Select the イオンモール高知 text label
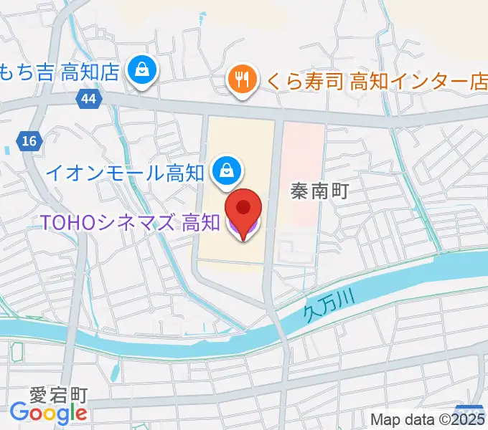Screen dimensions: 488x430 pos(126,172)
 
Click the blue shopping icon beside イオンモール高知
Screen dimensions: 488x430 pos(227,171)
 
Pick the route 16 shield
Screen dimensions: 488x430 pos(29,141)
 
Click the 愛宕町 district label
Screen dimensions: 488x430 pos(58,395)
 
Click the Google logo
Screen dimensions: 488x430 pos(48,412)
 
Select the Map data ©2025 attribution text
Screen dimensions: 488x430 pos(428,419)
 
